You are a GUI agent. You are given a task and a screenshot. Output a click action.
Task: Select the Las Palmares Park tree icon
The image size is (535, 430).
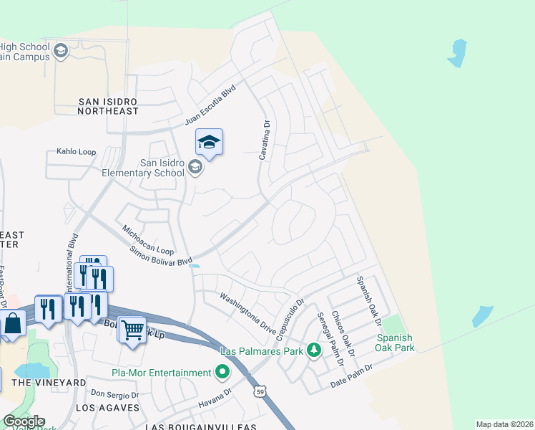point(313,350)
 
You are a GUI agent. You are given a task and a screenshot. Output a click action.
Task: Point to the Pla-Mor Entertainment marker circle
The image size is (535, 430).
point(222,372)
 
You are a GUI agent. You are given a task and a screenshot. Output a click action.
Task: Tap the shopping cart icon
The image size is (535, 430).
point(132,330)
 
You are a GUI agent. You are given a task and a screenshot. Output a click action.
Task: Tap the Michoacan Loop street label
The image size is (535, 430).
point(147,241)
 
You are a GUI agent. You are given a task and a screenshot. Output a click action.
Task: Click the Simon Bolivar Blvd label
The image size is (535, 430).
point(161,254)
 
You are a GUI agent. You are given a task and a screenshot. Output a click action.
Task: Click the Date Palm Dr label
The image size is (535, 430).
point(352,377)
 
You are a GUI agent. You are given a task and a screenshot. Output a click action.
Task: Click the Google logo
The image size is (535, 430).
point(23,421)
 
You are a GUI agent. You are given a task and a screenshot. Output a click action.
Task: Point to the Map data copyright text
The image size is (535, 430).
point(504,424)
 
